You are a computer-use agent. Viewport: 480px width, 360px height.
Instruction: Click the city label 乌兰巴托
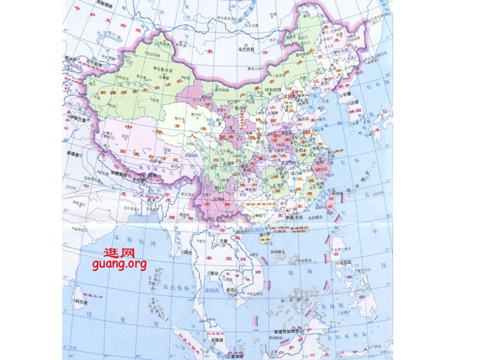[249, 50]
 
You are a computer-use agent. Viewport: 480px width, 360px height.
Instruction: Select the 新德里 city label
[74, 152]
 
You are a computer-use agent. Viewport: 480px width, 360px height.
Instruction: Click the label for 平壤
[347, 94]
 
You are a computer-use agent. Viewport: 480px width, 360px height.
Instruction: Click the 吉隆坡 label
[216, 340]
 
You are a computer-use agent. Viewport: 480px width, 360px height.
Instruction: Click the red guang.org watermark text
[119, 264]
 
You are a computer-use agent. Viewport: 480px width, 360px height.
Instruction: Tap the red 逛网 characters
[119, 252]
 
